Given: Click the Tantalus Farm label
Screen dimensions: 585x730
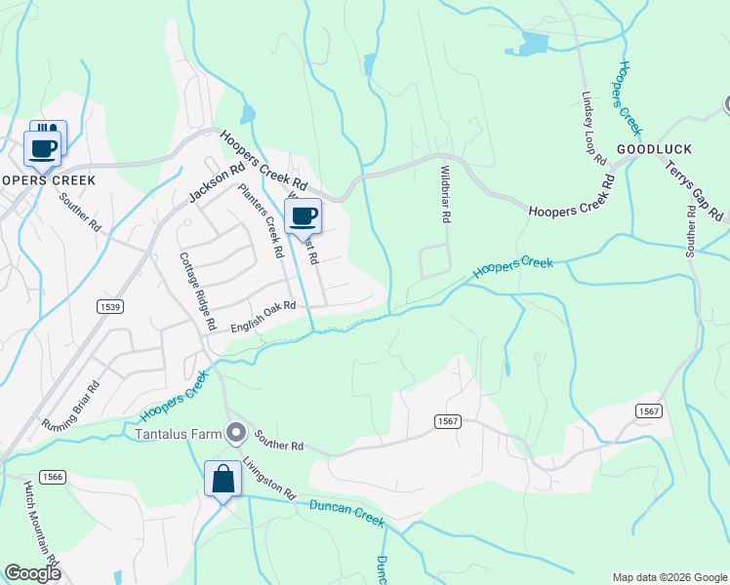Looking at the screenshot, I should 177,432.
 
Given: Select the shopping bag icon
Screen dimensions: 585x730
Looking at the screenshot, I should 223,480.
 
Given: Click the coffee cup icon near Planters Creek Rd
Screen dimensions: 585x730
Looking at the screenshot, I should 303,216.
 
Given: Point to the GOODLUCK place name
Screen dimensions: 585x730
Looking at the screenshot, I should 654,149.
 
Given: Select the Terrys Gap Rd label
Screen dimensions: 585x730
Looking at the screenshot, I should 695,189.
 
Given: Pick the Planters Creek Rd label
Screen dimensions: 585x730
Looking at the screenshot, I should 261,221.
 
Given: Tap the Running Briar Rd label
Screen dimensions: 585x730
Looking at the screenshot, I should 71,407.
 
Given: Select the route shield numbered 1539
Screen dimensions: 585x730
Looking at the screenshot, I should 110,306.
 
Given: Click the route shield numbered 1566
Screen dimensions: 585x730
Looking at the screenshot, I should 53,477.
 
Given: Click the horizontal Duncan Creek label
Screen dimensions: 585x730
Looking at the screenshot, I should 348,512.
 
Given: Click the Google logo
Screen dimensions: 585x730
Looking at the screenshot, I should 32,573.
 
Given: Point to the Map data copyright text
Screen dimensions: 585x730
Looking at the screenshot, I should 669,577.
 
